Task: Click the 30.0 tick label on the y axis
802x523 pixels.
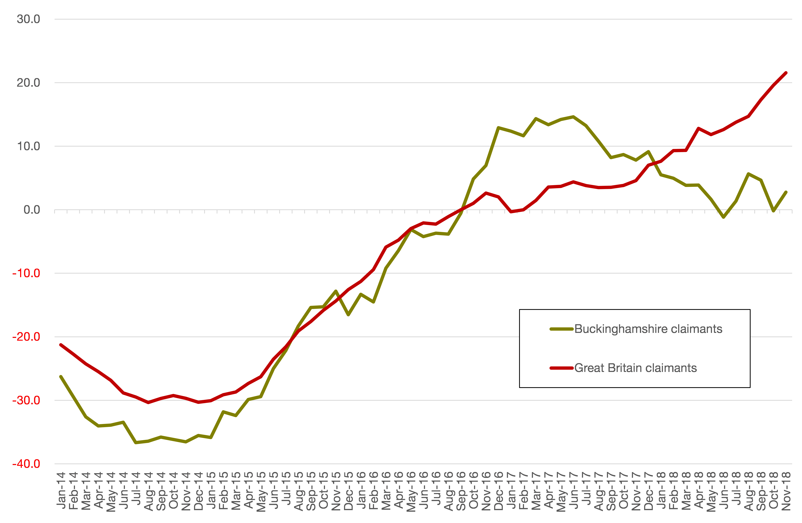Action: pos(28,19)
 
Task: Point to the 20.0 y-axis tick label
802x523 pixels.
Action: pos(28,83)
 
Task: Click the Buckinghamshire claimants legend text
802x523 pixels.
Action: pos(648,329)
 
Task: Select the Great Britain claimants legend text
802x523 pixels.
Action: pos(635,368)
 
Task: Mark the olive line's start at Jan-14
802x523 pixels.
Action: pos(61,377)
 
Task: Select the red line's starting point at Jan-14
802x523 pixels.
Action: pos(61,345)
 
